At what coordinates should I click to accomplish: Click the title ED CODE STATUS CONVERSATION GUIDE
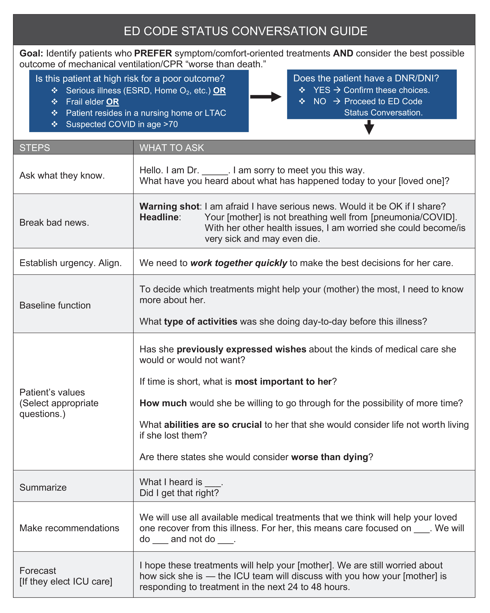pyautogui.click(x=245, y=31)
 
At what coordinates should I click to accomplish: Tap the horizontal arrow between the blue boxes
pyautogui.click(x=265, y=97)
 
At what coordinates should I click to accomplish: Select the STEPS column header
pyautogui.click(x=35, y=148)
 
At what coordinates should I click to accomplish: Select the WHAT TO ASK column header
pyautogui.click(x=172, y=148)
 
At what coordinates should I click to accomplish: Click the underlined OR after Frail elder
pyautogui.click(x=113, y=102)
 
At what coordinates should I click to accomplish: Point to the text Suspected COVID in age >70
pyautogui.click(x=122, y=124)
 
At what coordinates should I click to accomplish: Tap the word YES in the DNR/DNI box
pyautogui.click(x=322, y=90)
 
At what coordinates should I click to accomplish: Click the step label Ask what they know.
pyautogui.click(x=62, y=176)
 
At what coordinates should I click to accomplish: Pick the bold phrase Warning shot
pyautogui.click(x=170, y=207)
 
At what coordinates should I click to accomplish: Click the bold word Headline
pyautogui.click(x=159, y=217)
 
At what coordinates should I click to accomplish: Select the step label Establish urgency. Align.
pyautogui.click(x=71, y=263)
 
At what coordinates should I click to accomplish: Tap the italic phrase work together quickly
pyautogui.click(x=239, y=263)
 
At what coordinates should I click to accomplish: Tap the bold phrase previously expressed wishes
pyautogui.click(x=241, y=349)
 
